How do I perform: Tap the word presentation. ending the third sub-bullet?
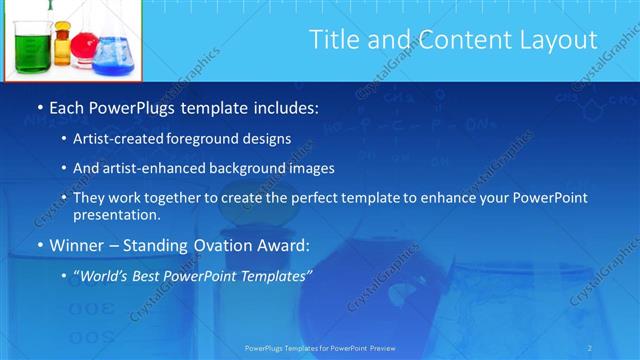coord(117,215)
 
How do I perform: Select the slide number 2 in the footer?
coord(590,348)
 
